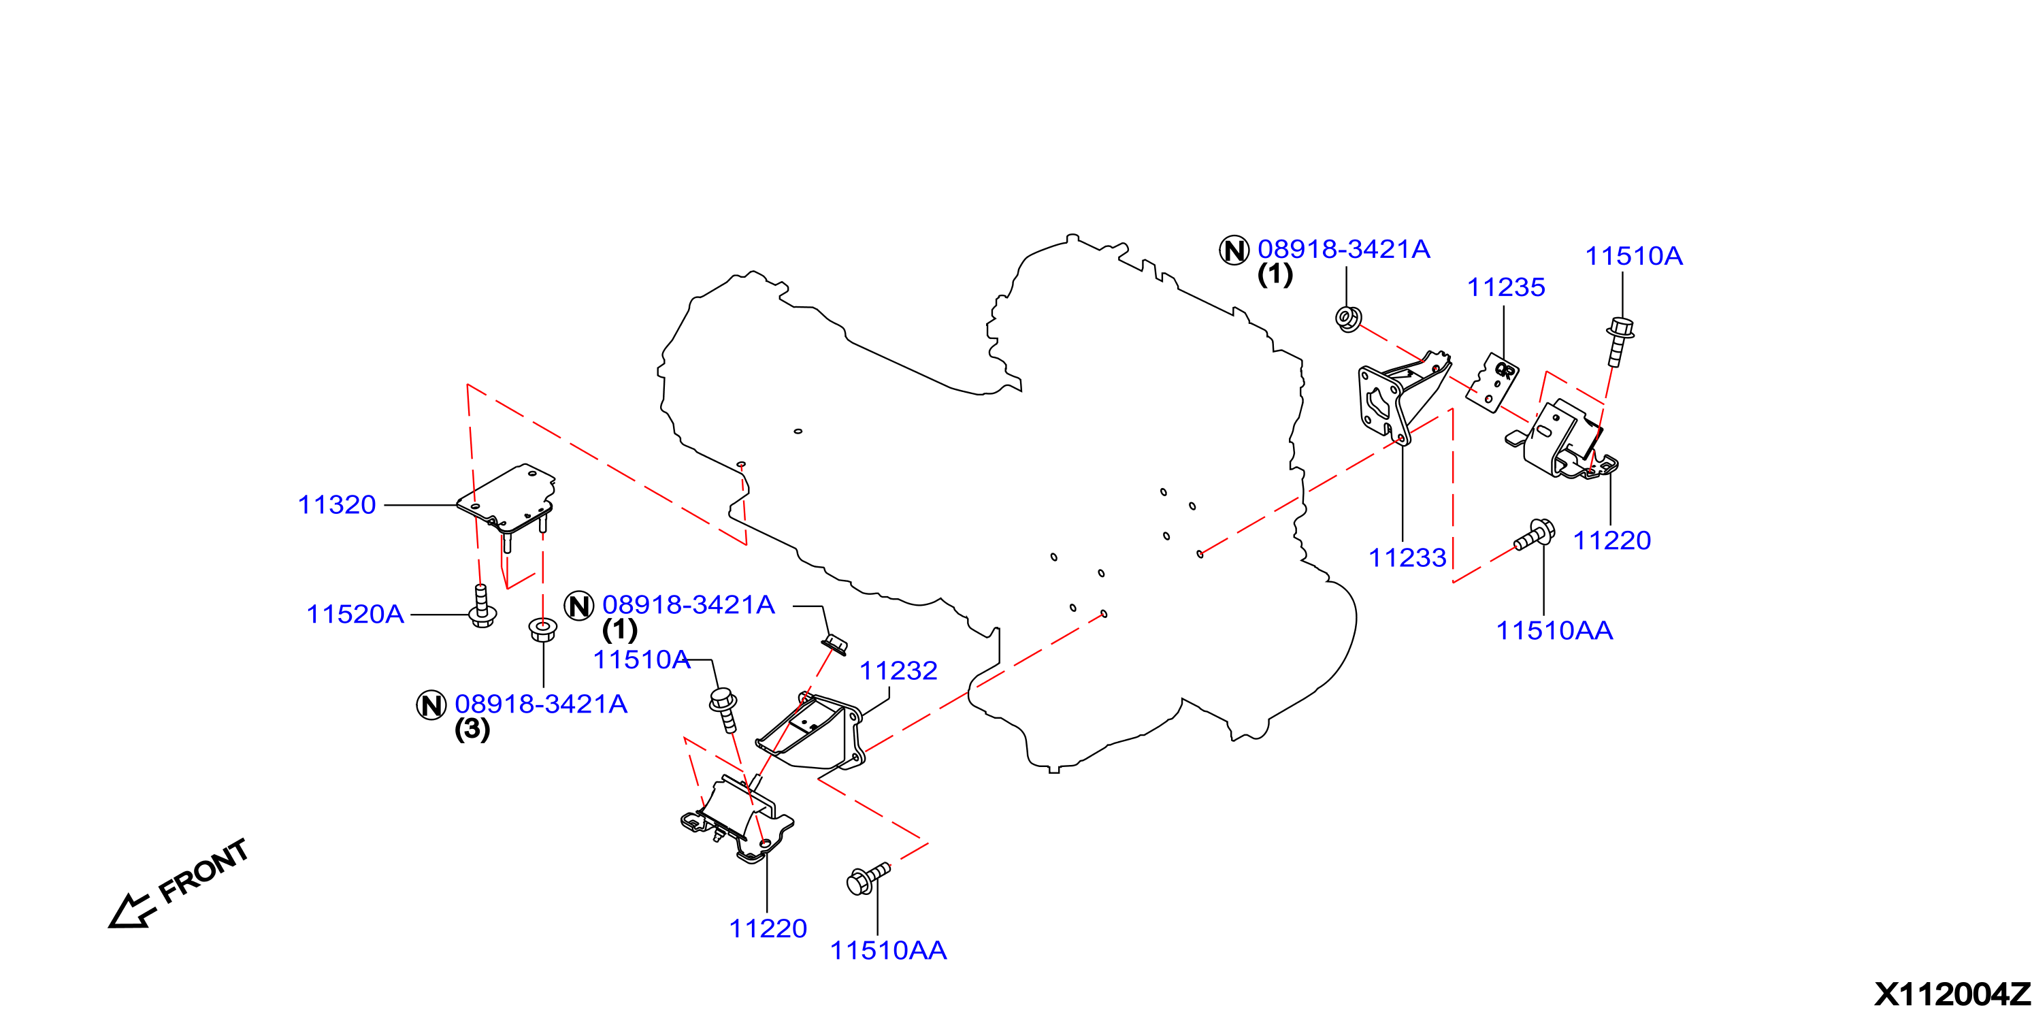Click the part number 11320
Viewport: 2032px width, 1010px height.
coord(337,505)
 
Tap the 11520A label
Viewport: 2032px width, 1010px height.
coord(355,614)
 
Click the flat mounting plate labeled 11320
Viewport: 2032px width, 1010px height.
coord(506,499)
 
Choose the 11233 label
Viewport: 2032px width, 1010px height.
coord(1407,558)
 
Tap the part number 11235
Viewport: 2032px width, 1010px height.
coord(1506,287)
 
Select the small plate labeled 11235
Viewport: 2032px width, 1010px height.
coord(1492,382)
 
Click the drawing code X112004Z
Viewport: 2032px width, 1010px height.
coord(1952,994)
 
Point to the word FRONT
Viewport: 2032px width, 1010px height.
coord(203,871)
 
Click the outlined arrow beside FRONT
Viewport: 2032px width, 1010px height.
coord(130,911)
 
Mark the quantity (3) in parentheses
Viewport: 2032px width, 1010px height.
coord(472,729)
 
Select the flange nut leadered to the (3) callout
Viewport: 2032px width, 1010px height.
coord(543,630)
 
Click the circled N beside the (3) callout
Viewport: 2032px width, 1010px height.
coord(431,704)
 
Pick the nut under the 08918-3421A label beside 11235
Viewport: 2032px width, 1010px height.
coord(1348,318)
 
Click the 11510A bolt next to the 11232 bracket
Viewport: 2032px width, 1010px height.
coord(724,709)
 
